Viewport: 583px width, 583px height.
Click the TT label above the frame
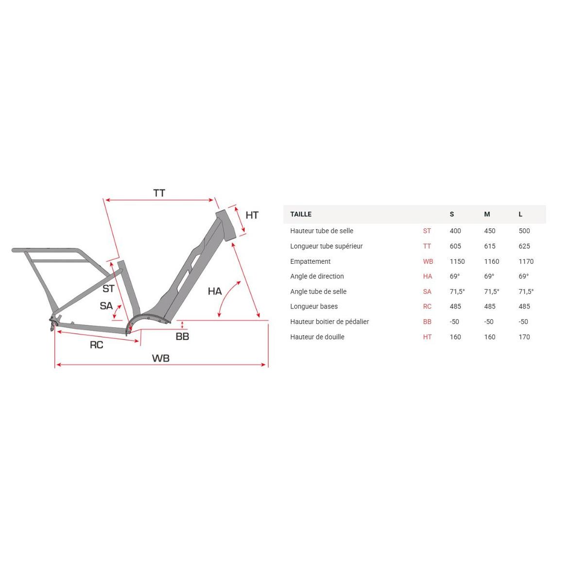(x=159, y=193)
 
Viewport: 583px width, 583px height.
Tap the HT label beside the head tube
(x=252, y=215)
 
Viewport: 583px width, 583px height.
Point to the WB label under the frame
(x=161, y=358)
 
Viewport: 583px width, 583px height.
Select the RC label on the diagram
(x=97, y=344)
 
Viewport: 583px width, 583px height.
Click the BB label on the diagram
(x=182, y=336)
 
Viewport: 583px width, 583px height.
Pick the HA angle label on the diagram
(x=215, y=291)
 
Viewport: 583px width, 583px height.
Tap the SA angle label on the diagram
(x=106, y=306)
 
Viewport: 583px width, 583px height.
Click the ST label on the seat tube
(x=108, y=289)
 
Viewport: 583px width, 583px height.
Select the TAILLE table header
(x=301, y=214)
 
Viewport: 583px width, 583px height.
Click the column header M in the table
(x=487, y=214)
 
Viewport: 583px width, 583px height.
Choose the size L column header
(x=521, y=214)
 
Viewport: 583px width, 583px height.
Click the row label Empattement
(x=310, y=261)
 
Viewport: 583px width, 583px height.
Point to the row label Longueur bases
(x=314, y=307)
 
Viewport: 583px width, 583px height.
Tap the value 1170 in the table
(x=526, y=261)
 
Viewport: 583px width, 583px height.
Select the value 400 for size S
(x=455, y=231)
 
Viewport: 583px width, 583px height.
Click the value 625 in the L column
(x=524, y=246)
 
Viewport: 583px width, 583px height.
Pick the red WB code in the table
(x=428, y=261)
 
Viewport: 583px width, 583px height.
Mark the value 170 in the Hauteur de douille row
(x=524, y=337)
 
